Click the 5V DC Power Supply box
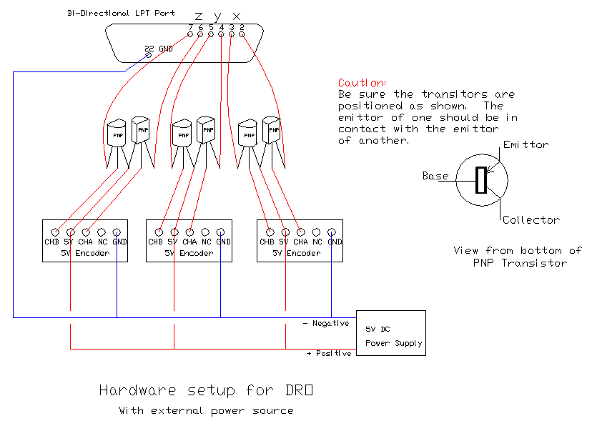[390, 334]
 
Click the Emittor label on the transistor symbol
[526, 144]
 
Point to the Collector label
[531, 220]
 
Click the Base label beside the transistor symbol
[435, 176]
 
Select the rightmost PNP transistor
[271, 129]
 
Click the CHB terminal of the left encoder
[55, 232]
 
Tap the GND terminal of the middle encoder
[222, 232]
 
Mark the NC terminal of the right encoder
[316, 232]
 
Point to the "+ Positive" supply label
[328, 353]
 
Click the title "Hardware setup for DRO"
[206, 391]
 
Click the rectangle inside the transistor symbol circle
[481, 179]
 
